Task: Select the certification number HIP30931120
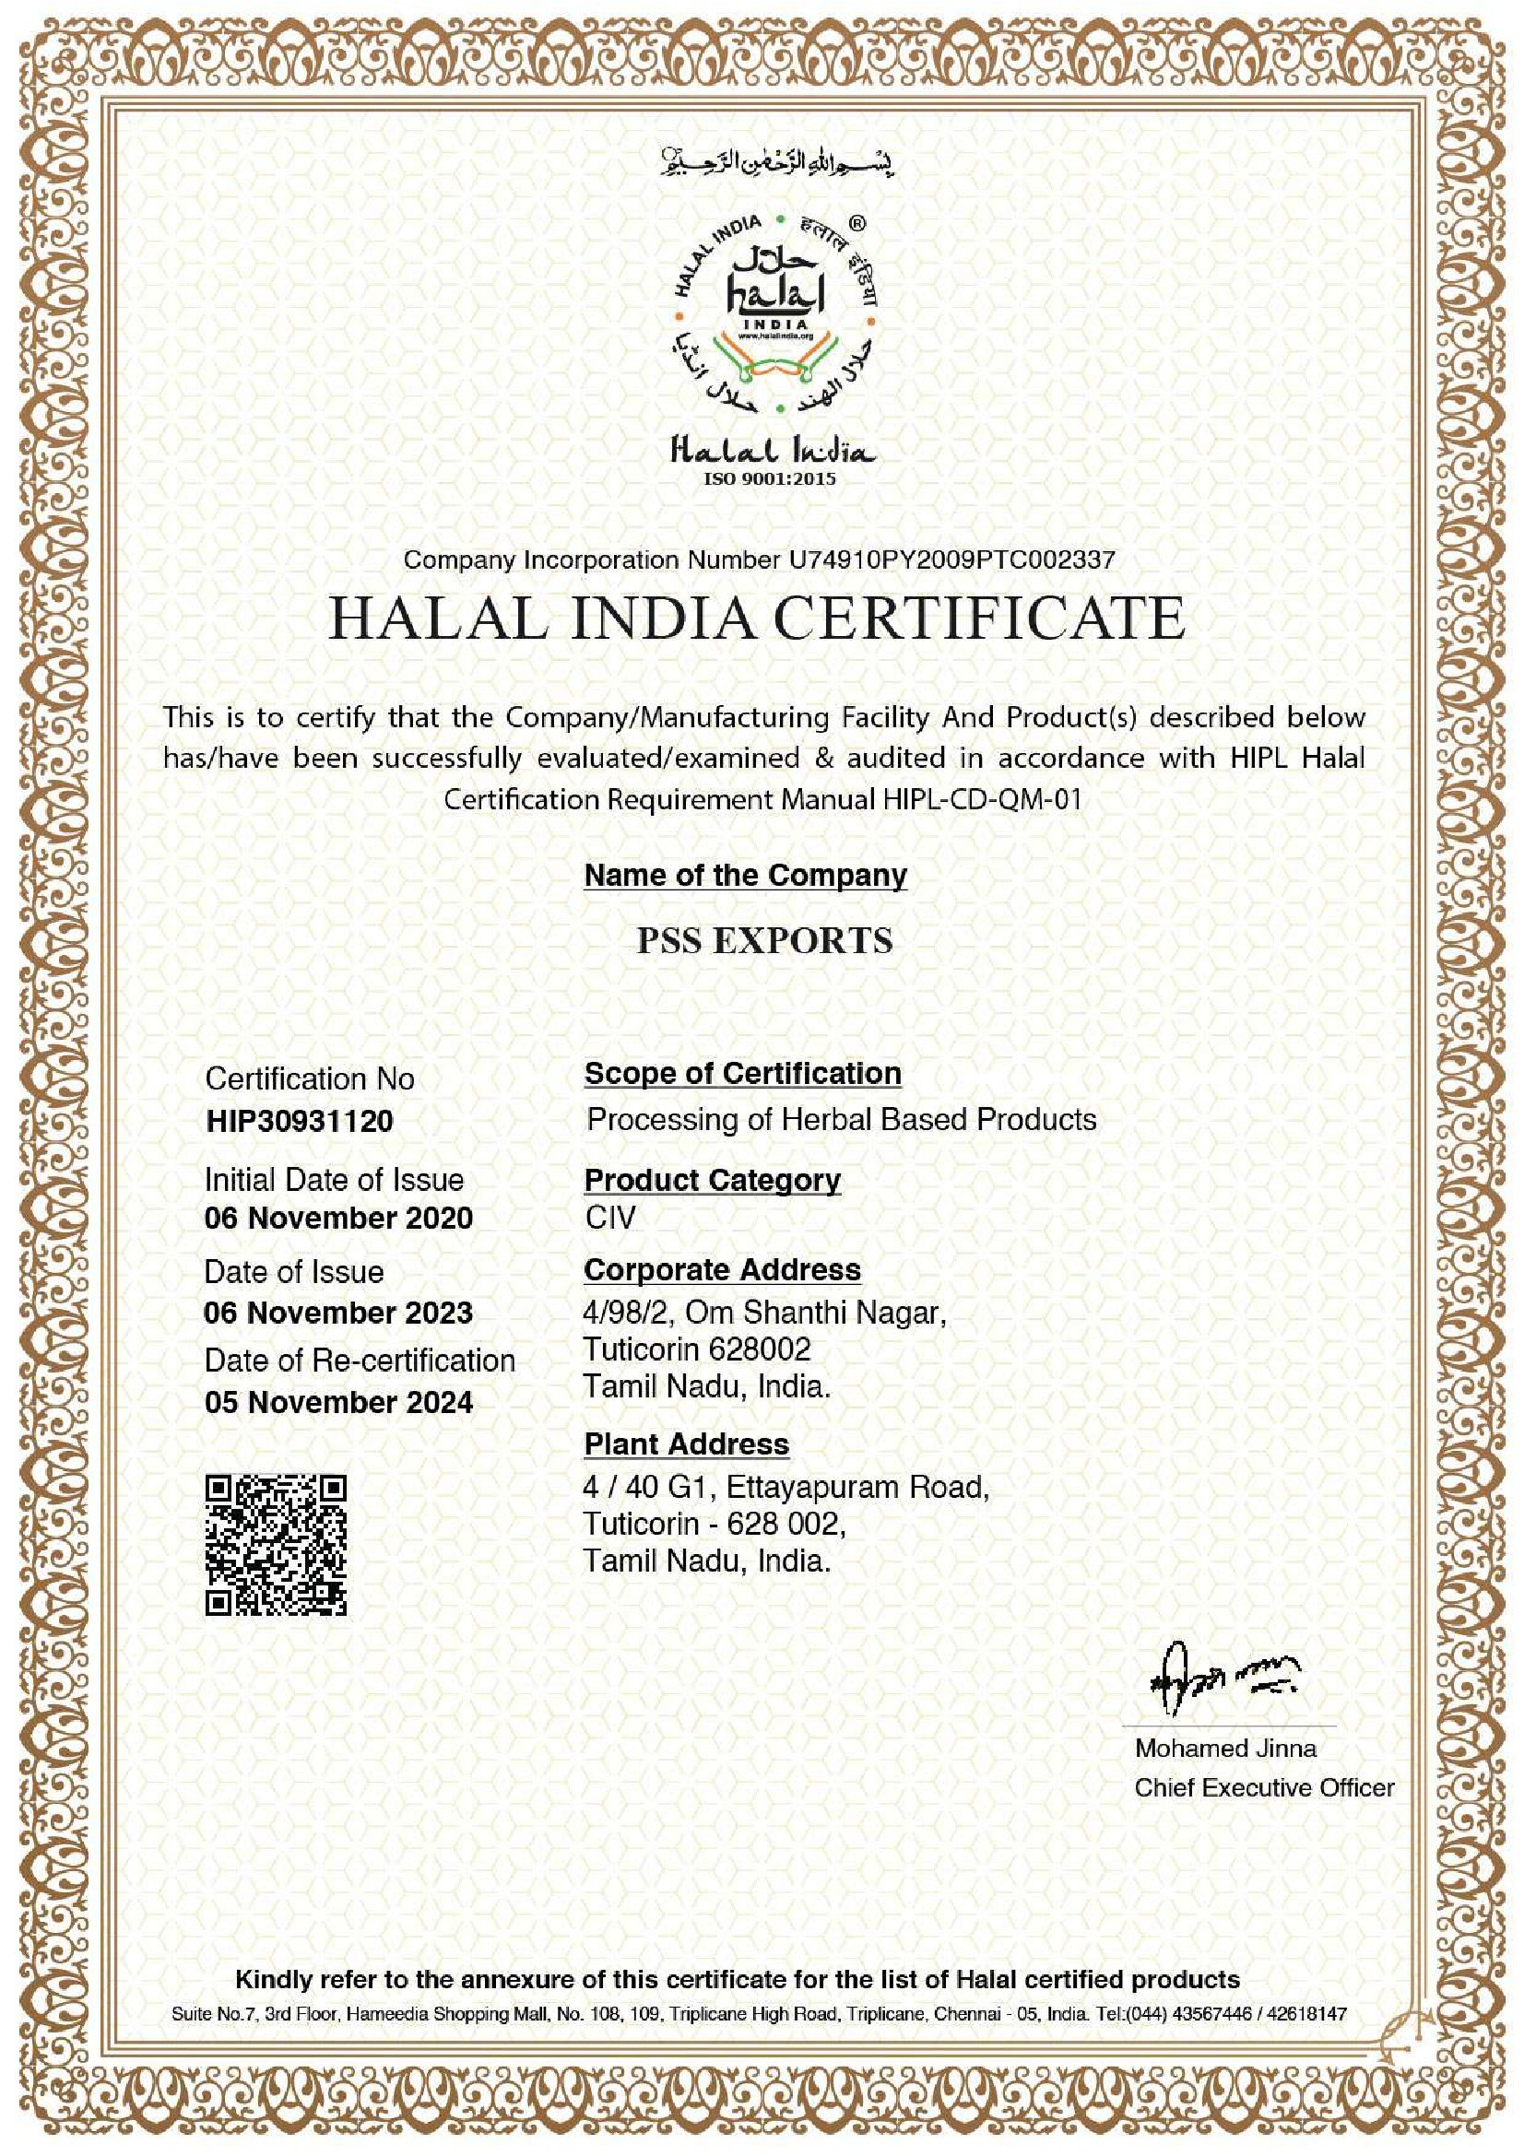point(299,1121)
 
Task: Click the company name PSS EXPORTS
point(764,940)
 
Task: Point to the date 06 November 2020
point(338,1218)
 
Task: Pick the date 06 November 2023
point(338,1312)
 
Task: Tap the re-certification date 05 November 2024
point(338,1402)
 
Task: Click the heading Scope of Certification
point(742,1073)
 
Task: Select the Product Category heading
point(712,1180)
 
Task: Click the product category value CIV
point(610,1218)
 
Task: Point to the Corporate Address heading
point(721,1269)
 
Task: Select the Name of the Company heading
point(745,875)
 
